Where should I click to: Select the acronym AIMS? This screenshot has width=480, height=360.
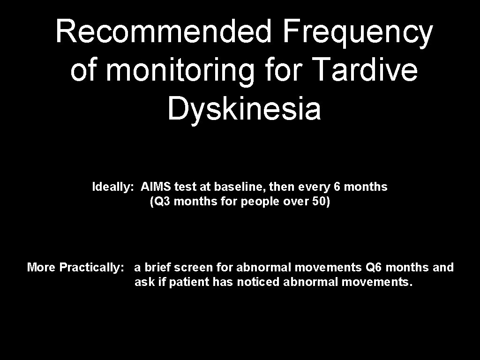coord(156,187)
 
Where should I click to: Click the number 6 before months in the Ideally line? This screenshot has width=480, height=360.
coord(337,187)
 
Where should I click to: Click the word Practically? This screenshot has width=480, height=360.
coord(92,268)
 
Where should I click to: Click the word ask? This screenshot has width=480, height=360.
coord(142,282)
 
